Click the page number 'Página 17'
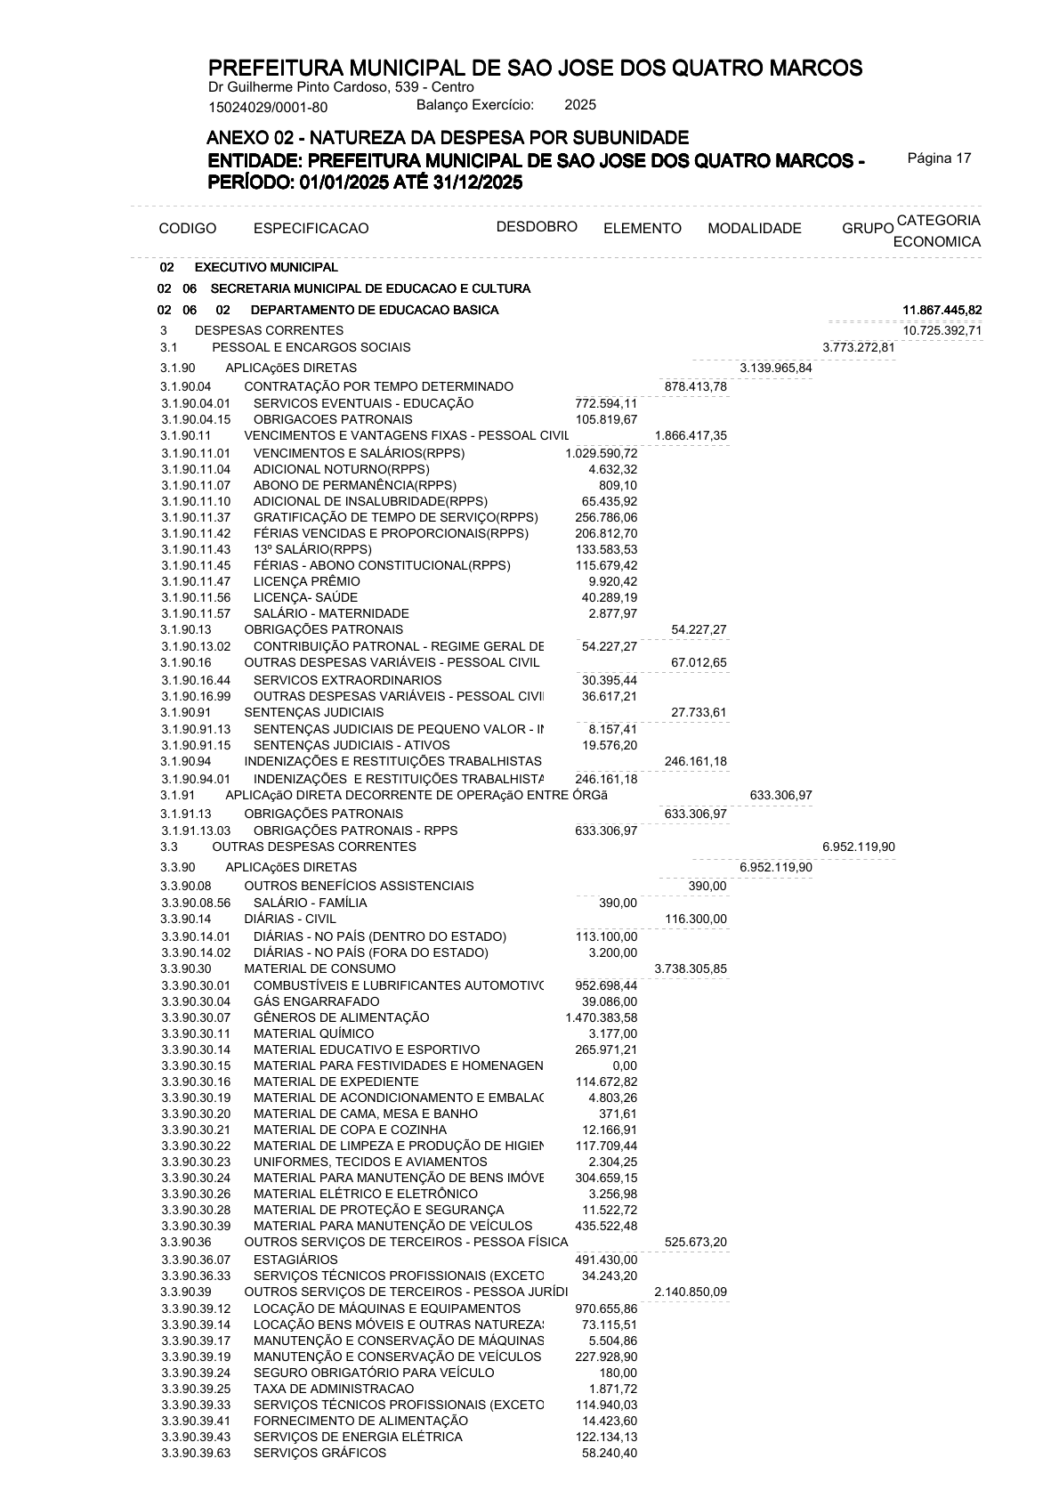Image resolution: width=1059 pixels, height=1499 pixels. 939,158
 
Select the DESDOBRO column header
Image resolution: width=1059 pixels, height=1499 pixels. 537,226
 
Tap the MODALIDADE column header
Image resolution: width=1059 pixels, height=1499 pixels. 754,229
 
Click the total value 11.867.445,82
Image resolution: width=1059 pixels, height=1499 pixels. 942,310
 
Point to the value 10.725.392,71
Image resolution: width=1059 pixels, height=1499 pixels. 942,330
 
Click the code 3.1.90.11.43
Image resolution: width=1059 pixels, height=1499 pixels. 196,549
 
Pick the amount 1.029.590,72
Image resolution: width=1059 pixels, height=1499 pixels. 601,453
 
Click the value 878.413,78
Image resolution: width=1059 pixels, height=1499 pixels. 696,386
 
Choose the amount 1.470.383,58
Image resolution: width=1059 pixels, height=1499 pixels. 601,1017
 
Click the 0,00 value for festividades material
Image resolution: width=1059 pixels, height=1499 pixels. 625,1066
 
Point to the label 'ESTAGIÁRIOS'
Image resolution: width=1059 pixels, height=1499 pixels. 295,1260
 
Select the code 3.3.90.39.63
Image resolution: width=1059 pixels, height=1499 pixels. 196,1453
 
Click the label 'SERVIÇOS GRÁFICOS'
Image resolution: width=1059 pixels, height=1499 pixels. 319,1453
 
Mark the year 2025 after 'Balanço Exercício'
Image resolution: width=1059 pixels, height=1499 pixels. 580,105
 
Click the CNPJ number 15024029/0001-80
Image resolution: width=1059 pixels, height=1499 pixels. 268,108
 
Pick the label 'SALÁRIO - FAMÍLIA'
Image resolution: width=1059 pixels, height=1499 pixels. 310,903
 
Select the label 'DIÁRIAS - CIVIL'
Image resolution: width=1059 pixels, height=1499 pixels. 290,919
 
